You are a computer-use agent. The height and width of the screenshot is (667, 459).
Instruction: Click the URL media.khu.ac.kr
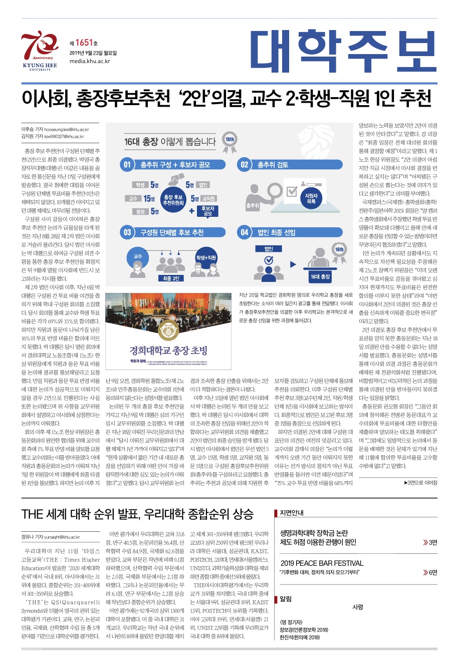[x=90, y=61]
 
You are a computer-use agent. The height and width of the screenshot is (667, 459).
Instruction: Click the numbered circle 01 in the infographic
[x=127, y=165]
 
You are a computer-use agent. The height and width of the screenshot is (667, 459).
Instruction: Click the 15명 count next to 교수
[x=149, y=199]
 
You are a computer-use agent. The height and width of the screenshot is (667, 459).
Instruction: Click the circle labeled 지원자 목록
[x=311, y=199]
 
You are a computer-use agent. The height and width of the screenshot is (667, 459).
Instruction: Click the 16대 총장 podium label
[x=320, y=277]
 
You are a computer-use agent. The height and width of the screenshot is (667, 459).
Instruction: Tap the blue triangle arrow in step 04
[x=294, y=263]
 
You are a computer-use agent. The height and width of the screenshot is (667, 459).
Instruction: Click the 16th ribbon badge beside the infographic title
[x=229, y=140]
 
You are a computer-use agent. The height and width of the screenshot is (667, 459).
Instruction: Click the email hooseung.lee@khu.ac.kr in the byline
[x=66, y=129]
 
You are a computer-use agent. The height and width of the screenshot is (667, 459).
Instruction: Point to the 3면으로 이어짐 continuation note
[x=420, y=483]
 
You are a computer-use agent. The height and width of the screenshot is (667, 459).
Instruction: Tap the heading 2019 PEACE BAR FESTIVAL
[x=322, y=563]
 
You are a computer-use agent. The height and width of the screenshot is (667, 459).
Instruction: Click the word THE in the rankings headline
[x=33, y=514]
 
